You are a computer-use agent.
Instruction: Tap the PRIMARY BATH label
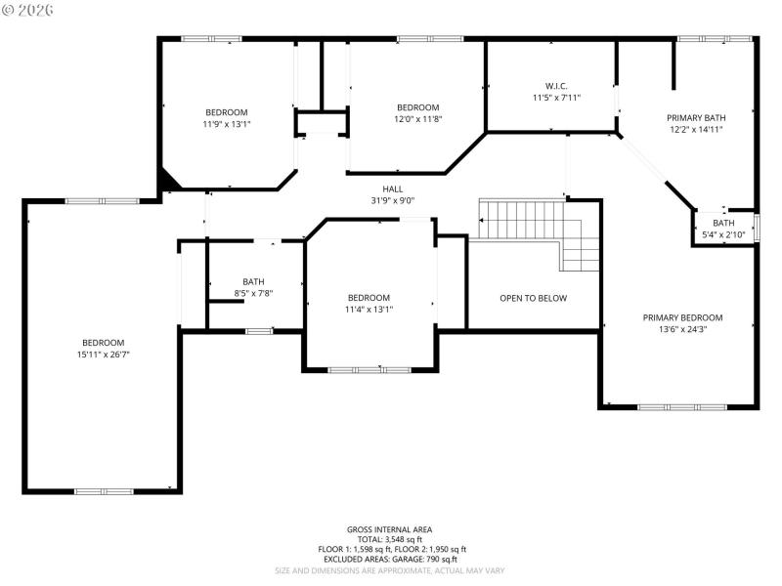696,116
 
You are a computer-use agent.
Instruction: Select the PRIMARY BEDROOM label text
682,317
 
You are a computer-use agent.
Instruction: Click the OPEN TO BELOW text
533,298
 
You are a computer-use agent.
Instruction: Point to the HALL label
392,189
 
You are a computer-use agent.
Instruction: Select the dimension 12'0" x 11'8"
417,119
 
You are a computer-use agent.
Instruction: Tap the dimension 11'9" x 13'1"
227,124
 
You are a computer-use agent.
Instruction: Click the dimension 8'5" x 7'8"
253,293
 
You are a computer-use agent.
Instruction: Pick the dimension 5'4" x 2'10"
723,234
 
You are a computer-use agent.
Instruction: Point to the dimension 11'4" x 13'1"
369,310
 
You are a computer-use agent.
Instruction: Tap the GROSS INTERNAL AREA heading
389,529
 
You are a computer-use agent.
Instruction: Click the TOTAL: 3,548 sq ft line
389,539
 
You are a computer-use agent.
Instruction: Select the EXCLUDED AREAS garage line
389,560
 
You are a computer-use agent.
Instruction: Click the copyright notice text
28,9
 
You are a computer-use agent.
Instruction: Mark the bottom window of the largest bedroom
105,491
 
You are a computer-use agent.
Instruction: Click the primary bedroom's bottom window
682,406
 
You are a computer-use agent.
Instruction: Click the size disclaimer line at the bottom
389,570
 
